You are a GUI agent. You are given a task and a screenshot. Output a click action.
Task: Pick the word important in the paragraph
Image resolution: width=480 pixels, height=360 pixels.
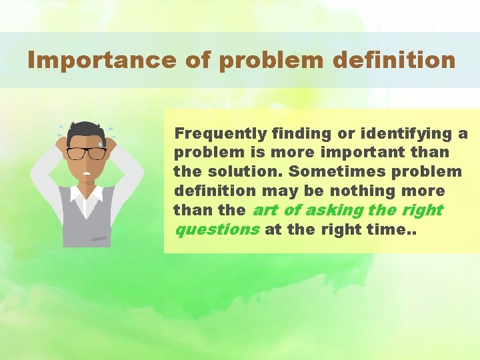click(361, 153)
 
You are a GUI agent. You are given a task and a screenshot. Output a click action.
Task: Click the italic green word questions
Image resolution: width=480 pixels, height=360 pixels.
click(216, 230)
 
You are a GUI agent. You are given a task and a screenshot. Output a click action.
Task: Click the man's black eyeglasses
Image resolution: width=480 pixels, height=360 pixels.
click(87, 153)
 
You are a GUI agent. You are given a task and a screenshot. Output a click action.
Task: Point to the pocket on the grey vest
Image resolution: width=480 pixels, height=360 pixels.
click(99, 237)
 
